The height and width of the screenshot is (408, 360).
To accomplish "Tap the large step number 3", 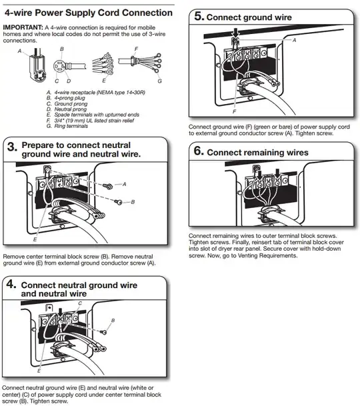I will coord(11,149).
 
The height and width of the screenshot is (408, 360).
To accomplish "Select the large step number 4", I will coord(11,285).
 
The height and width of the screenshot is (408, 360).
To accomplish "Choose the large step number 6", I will coord(198,152).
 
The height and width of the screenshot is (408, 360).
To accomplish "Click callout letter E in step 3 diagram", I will coord(35,238).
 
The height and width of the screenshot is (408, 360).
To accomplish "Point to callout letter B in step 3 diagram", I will coord(133,201).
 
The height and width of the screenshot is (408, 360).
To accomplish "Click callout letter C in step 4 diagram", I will coord(80,303).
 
